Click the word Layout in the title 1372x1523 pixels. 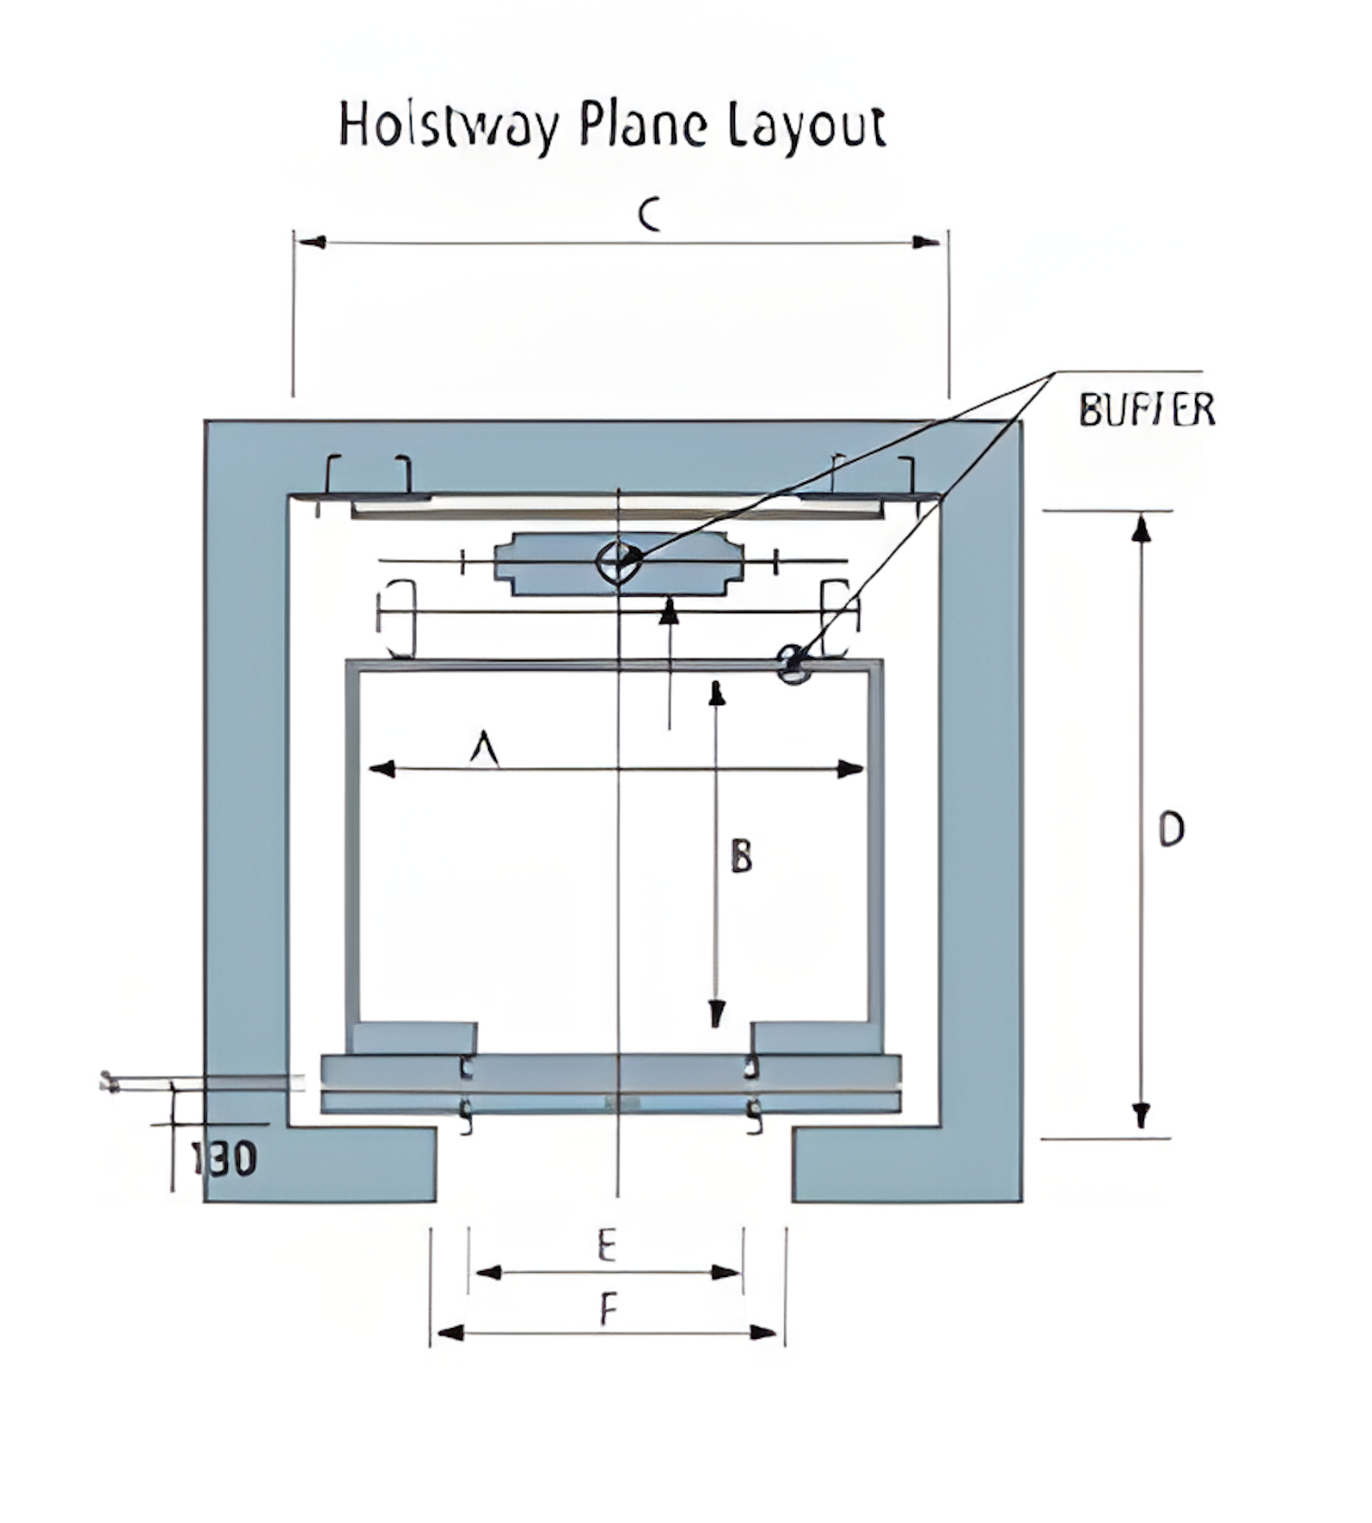point(806,126)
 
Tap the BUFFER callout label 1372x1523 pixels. point(1147,410)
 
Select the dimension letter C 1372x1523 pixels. point(650,214)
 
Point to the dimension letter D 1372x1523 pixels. point(1171,830)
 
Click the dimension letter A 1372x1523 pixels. point(485,746)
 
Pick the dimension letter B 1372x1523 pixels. point(741,857)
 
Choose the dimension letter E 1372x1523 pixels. point(607,1245)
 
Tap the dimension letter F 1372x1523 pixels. point(608,1311)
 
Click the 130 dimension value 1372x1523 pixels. point(224,1159)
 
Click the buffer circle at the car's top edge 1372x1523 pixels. point(793,664)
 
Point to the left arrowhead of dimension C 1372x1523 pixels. point(310,243)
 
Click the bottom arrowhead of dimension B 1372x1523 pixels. point(716,1015)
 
